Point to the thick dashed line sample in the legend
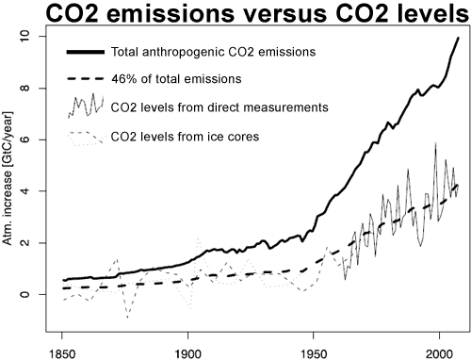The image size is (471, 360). (83, 76)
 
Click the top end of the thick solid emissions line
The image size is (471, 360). (458, 38)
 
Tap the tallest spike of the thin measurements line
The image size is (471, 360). (435, 143)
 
